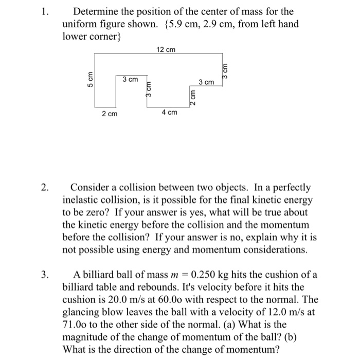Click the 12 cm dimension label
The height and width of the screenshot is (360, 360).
pyautogui.click(x=165, y=49)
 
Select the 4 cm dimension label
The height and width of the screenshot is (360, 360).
pyautogui.click(x=170, y=112)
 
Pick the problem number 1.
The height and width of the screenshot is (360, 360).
pyautogui.click(x=44, y=11)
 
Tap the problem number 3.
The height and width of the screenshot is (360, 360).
pyautogui.click(x=44, y=274)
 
